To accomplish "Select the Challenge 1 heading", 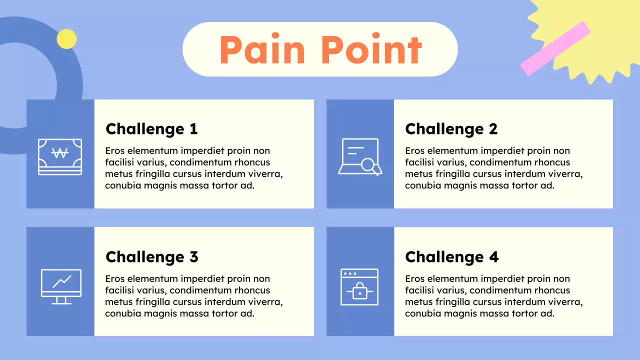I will (x=151, y=129).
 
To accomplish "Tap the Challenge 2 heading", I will (x=451, y=129).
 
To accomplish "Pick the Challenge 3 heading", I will (x=151, y=257).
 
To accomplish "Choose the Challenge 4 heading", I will (x=451, y=257).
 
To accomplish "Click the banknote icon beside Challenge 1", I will (x=60, y=156).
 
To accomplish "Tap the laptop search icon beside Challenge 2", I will (x=360, y=156).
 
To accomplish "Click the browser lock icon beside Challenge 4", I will (x=359, y=286).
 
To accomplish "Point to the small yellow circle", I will (x=66, y=39).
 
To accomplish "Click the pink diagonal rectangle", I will (x=555, y=48).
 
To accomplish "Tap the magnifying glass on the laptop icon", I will (x=370, y=165).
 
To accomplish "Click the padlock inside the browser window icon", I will (x=359, y=291).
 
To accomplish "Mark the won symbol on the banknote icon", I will (x=60, y=153).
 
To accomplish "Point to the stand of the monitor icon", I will (x=61, y=300).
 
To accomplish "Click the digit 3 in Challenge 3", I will (x=193, y=257).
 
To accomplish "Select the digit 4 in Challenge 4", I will (x=493, y=257).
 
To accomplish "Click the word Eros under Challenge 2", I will (x=415, y=151).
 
